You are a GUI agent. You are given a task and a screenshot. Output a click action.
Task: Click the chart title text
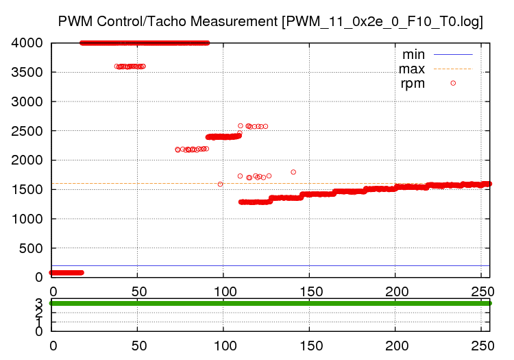(x=271, y=21)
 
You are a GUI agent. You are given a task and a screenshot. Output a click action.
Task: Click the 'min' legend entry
(x=413, y=54)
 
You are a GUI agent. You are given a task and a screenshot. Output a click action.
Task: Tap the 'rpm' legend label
(x=413, y=84)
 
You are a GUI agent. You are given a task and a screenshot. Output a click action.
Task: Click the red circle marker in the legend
(x=453, y=83)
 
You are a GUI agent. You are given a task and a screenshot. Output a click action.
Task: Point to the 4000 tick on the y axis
(x=27, y=43)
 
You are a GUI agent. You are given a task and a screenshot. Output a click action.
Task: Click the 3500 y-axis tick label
(x=27, y=73)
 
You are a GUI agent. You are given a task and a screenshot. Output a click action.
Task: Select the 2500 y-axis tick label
(x=27, y=131)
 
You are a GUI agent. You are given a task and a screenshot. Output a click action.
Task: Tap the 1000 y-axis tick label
(x=27, y=219)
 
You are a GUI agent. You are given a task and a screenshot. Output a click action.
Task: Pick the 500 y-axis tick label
(x=32, y=248)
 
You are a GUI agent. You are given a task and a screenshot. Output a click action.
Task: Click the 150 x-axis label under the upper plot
(x=309, y=291)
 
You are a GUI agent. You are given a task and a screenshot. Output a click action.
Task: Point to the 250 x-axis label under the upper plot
(x=481, y=291)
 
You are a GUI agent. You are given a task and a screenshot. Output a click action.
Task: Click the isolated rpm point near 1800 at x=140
(x=293, y=172)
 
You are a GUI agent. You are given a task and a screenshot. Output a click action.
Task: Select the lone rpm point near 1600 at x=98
(x=220, y=184)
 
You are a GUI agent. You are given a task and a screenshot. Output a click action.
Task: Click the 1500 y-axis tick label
(x=27, y=189)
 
